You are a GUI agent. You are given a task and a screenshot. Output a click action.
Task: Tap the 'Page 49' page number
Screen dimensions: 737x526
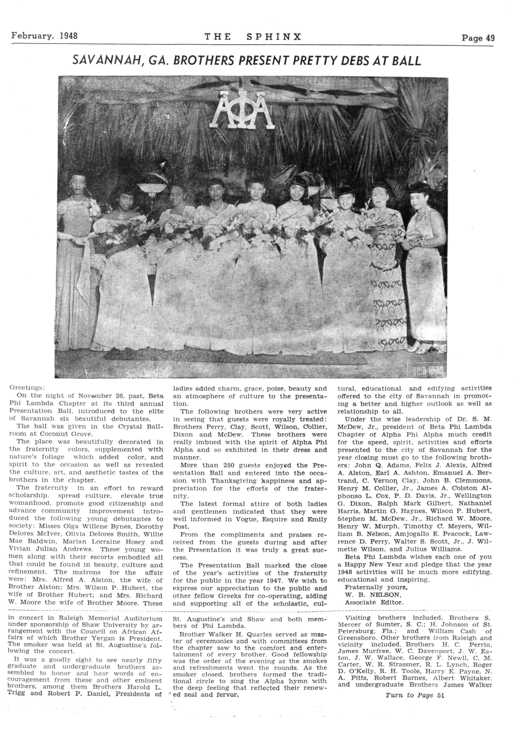pos(478,38)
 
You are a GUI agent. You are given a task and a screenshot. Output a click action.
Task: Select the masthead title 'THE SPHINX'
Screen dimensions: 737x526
pos(253,37)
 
